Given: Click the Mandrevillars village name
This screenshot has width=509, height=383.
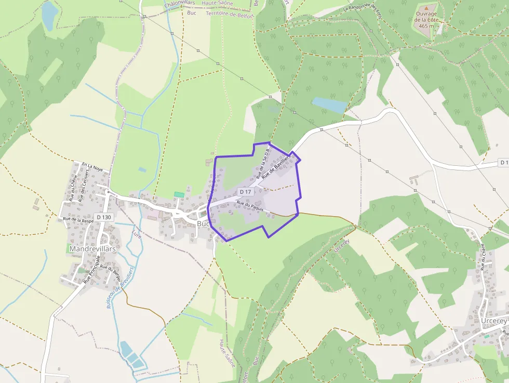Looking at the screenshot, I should tap(92, 249).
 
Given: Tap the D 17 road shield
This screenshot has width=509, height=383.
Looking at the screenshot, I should tap(246, 192).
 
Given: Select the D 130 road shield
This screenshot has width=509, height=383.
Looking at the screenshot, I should tap(104, 217).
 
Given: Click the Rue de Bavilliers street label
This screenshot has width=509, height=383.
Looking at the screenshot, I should tap(275, 167).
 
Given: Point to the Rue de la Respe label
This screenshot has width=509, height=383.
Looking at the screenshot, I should tap(78, 220).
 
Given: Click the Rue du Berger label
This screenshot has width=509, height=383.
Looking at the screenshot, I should tap(111, 274).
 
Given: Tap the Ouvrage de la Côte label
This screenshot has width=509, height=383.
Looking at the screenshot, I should tap(426, 20).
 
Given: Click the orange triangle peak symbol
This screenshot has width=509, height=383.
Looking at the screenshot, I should tap(426, 8).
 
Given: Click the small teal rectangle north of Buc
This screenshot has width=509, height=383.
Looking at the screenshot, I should tap(179, 194).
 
